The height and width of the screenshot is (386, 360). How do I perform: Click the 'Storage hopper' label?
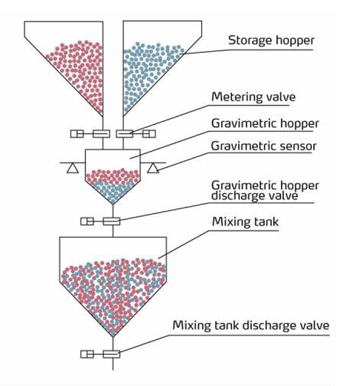click(271, 41)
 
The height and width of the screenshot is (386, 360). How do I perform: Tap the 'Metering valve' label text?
click(253, 97)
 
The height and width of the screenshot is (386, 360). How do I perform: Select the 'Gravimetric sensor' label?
click(264, 146)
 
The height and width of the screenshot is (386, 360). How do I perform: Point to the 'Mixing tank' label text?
click(245, 222)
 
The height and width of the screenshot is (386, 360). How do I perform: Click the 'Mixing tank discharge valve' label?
click(251, 325)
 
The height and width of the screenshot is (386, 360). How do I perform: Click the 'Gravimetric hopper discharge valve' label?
click(265, 191)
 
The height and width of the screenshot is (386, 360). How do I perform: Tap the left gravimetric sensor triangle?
click(73, 168)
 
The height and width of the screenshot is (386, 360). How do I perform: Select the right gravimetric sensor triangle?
click(153, 168)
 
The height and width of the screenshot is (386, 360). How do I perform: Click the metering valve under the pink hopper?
click(102, 134)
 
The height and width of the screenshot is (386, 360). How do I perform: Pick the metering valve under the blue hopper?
click(125, 134)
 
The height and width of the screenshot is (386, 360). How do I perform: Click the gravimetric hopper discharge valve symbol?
click(111, 221)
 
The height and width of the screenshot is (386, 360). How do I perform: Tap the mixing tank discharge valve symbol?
click(111, 354)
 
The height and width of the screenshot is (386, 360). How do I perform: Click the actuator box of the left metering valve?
click(77, 134)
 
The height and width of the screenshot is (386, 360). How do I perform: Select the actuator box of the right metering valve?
click(149, 134)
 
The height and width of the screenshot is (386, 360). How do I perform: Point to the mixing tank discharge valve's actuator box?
click(87, 354)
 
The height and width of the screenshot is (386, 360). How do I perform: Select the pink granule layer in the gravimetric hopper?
click(112, 175)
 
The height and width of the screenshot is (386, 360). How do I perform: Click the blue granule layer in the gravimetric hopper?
click(113, 191)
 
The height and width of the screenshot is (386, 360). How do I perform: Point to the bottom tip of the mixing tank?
click(113, 337)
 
